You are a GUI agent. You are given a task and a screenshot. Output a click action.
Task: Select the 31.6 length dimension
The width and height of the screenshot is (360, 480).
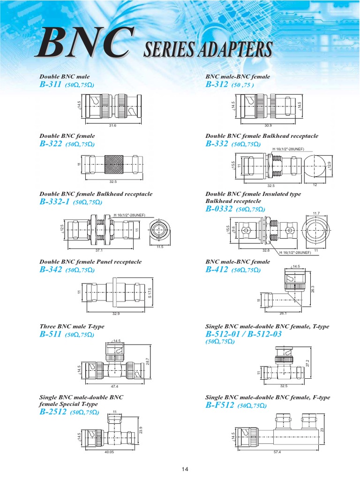[x=112, y=126]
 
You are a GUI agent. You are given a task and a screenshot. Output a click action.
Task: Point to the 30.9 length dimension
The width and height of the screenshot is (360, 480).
[x=268, y=126]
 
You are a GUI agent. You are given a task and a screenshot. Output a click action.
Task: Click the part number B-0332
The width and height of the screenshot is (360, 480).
[x=219, y=209]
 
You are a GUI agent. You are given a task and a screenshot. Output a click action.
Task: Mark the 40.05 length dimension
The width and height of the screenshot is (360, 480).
[x=110, y=452]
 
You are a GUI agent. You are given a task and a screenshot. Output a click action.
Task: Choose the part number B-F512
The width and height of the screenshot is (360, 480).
[x=219, y=405]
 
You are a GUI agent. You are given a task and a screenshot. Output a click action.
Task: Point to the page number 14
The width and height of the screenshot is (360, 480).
[x=185, y=469]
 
